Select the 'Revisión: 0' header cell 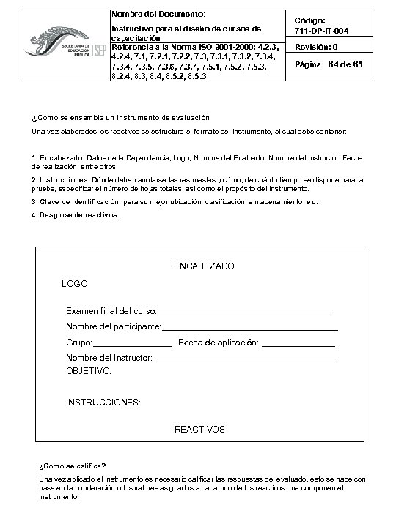(x=316, y=47)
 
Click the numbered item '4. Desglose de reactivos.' (x=76, y=215)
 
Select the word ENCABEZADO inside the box (x=204, y=266)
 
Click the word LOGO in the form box (x=74, y=283)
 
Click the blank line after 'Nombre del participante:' (x=249, y=326)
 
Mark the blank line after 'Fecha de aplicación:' (x=298, y=343)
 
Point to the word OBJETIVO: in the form (x=89, y=372)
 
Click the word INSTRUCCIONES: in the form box (x=103, y=403)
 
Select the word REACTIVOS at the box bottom (x=199, y=429)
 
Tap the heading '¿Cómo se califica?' (x=72, y=466)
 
